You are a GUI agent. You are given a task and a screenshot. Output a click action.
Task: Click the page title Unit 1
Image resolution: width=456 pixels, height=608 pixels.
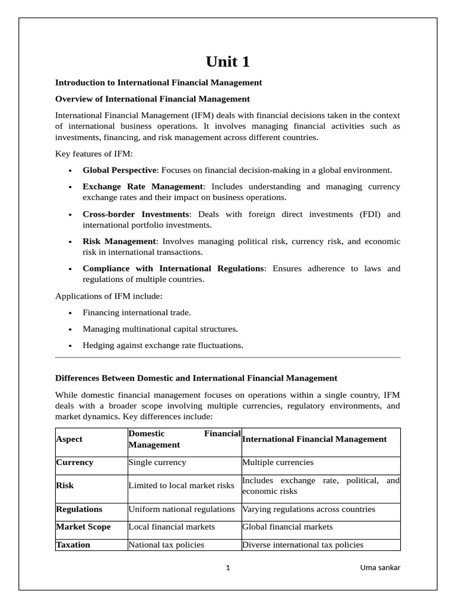point(227,62)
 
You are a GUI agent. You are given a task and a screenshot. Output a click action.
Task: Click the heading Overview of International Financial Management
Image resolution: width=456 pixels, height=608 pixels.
point(153,99)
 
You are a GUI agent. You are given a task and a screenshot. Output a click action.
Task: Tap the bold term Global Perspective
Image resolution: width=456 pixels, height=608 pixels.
point(119,170)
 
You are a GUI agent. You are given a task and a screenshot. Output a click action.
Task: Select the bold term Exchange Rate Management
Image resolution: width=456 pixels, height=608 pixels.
point(142,186)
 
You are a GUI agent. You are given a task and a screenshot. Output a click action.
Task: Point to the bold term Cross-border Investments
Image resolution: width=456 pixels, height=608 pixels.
point(135,214)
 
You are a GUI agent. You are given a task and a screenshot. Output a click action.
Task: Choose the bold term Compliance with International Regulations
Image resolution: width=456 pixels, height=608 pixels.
point(173,268)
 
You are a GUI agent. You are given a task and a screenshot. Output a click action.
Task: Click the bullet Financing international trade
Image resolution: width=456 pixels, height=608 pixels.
point(137,312)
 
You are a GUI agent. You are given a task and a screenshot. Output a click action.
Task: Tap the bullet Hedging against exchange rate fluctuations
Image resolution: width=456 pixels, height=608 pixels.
point(163,345)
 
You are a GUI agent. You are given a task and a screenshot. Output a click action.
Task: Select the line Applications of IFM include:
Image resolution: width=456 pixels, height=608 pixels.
point(109,295)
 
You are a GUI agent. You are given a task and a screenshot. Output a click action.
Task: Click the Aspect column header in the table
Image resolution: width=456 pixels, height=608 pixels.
point(69,439)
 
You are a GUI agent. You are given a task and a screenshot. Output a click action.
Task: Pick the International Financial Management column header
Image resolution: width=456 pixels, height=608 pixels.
point(314,439)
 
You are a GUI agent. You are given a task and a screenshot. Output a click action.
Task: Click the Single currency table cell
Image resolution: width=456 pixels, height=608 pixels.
point(157,462)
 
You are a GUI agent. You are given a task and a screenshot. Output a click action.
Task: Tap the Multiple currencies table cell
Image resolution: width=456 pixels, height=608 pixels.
point(278,462)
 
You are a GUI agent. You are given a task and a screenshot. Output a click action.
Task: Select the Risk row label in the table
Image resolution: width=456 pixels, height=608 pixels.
point(65,485)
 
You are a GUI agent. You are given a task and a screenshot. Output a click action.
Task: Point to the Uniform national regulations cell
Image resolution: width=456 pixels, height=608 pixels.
point(182,509)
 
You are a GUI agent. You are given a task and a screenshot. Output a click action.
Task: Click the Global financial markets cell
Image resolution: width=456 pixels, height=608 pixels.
point(287,527)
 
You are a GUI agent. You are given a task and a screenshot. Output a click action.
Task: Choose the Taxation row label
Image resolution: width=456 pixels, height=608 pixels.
point(73,544)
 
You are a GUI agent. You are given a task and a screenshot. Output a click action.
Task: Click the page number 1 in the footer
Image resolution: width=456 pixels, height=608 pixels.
point(228,568)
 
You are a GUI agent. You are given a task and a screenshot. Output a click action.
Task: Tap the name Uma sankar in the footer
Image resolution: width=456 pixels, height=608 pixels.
point(380,568)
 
